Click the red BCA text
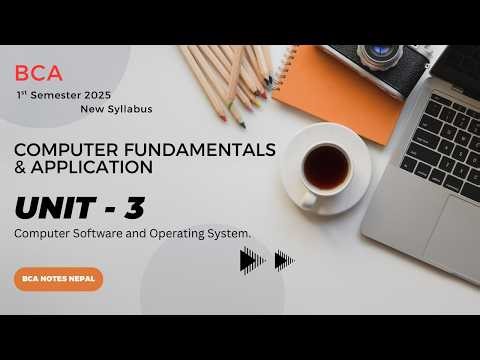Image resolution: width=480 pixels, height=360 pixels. tap(39, 72)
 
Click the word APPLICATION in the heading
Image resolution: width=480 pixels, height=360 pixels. tap(94, 167)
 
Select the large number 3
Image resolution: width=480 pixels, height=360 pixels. tap(132, 208)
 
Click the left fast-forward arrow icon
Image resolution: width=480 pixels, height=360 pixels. tap(253, 261)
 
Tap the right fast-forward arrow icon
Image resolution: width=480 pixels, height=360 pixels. tap(284, 261)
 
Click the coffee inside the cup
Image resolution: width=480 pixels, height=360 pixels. tap(326, 167)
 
